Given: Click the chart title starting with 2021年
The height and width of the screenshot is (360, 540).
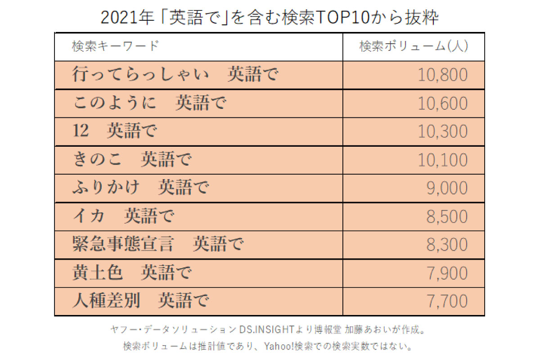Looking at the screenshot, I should coord(270,17).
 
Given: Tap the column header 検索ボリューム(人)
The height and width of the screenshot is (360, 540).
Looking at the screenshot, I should coord(413,46).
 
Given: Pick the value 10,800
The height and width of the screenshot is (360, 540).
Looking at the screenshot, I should coord(443,75).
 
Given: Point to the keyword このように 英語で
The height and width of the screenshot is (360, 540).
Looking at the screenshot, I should coord(149,103).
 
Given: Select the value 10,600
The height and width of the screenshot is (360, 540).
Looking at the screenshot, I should coord(443,103).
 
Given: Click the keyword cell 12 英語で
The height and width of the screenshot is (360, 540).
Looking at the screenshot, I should coord(115,131).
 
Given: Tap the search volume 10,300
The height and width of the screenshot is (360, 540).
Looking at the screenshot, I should coord(443,132).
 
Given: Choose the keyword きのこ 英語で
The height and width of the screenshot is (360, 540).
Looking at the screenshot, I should coord(132,160).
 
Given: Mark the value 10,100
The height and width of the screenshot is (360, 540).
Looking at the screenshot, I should coord(443,160).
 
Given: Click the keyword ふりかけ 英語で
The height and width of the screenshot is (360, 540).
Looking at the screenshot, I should coord(140,188).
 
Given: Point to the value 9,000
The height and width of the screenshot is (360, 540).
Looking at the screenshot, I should coord(447,189).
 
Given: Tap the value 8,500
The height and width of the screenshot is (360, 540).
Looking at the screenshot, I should coord(447,217).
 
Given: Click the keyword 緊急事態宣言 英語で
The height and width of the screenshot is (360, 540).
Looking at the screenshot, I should coord(157,244).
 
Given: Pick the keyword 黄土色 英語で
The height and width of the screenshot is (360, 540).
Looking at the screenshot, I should coord(132,273).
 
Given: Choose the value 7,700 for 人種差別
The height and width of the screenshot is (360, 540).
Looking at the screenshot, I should coord(447,301).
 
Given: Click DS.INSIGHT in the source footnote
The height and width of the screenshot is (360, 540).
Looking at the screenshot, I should coord(268,330).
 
